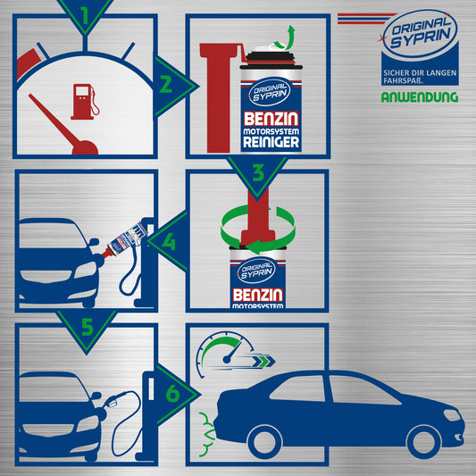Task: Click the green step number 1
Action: point(85,15)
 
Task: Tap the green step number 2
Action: point(166,85)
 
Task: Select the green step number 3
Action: point(258,173)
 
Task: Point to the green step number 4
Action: point(169,242)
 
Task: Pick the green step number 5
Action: point(88,327)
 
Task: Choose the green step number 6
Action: point(172,394)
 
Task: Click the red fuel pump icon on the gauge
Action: point(85,102)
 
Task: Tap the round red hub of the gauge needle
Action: point(85,148)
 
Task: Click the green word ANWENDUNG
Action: point(420,97)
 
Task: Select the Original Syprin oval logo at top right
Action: point(420,34)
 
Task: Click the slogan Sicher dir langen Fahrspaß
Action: point(420,77)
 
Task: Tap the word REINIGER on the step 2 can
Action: point(271,142)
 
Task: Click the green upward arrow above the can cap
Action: point(287,38)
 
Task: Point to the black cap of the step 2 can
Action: point(271,58)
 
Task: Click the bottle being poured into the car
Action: point(125,240)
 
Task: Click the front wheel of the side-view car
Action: point(423,442)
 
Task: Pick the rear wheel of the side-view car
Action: point(264,442)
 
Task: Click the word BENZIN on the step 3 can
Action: point(258,295)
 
